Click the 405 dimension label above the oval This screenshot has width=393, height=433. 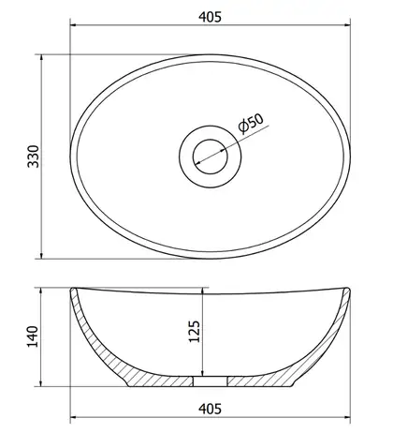coord(210,17)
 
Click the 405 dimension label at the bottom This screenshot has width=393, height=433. coord(210,409)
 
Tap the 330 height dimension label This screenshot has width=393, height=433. coord(34,157)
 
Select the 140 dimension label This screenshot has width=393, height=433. coord(33,336)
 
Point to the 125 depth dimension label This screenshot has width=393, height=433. coord(195,332)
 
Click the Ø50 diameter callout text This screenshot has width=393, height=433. coord(251,124)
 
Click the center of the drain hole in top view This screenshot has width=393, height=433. coord(210,157)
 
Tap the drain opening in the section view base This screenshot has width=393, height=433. coord(210,381)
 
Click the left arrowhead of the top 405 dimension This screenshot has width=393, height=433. coord(74,25)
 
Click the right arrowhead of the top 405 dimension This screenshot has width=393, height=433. coord(347,25)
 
